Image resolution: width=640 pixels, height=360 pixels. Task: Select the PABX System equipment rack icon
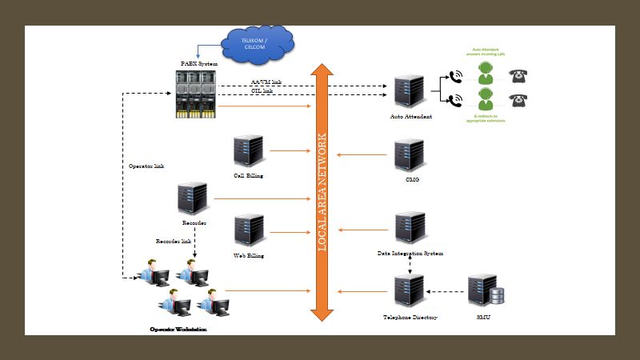[x=196, y=94]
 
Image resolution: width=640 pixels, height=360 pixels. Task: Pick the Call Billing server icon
[x=249, y=152]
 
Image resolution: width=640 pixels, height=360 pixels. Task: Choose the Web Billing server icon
[x=249, y=230]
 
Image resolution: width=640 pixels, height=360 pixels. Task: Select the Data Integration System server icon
[x=410, y=229]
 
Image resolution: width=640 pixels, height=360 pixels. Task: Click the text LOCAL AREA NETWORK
[x=322, y=193]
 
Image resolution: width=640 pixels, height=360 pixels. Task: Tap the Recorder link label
[x=174, y=240]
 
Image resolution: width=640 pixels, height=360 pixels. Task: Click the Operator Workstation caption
[x=178, y=329]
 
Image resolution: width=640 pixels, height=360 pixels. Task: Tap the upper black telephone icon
[x=521, y=77]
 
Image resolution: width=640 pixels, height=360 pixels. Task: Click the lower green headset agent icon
[x=485, y=101]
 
